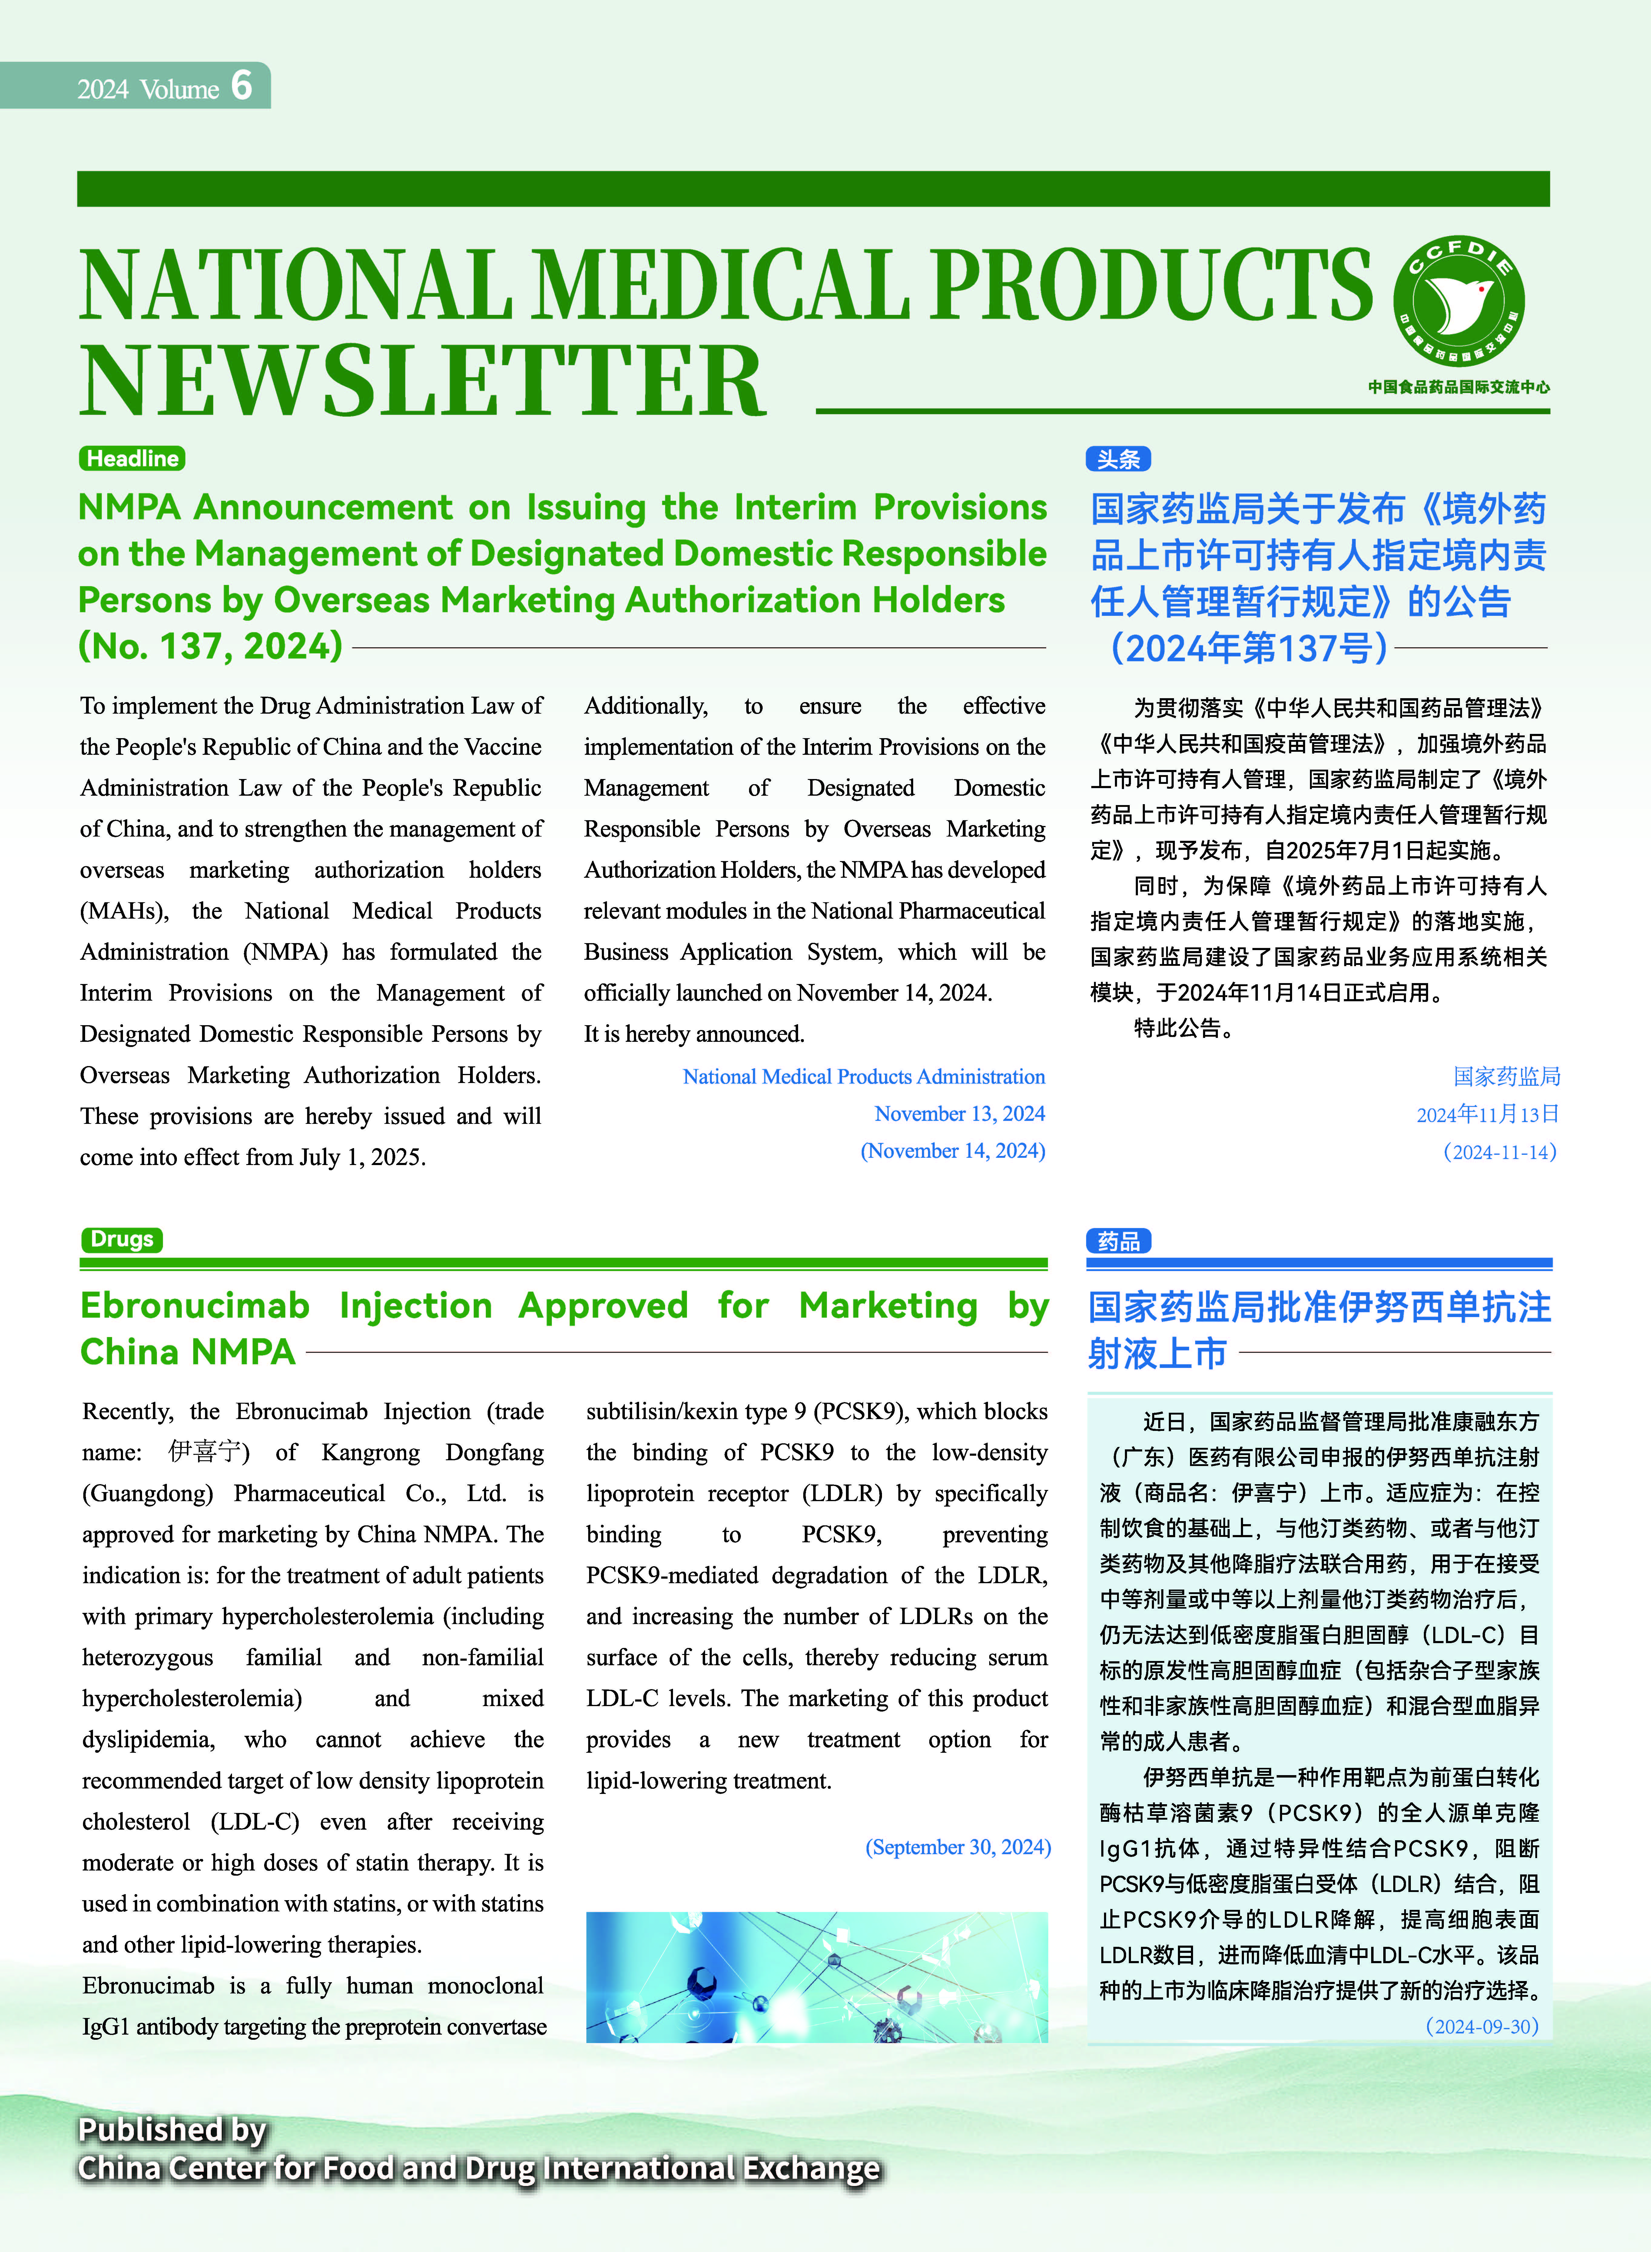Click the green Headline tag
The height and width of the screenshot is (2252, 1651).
click(132, 459)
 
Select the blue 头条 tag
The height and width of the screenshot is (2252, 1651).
click(1118, 460)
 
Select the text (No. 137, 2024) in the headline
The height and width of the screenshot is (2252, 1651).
click(211, 646)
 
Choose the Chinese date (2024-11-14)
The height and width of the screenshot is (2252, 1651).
click(1499, 1152)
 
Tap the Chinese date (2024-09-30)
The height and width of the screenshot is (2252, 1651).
click(1482, 2026)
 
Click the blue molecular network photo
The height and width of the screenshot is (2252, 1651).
click(817, 1976)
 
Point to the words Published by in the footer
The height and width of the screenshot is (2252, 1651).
click(172, 2129)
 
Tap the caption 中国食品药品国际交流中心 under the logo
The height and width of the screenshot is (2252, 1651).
click(1459, 387)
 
